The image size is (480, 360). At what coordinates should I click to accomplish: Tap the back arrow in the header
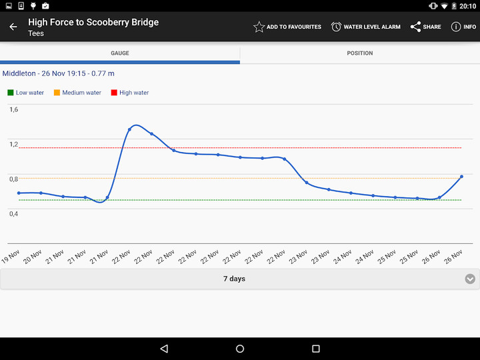[x=13, y=27]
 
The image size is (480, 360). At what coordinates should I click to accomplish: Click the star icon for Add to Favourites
[x=259, y=27]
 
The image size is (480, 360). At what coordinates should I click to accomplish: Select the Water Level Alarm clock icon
[x=336, y=27]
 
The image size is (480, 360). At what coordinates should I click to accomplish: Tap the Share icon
[x=415, y=27]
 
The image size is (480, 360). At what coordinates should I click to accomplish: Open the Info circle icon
[x=456, y=27]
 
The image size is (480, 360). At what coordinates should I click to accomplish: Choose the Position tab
[x=360, y=53]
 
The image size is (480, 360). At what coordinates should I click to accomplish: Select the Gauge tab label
[x=120, y=53]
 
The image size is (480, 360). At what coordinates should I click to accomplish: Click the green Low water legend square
[x=10, y=93]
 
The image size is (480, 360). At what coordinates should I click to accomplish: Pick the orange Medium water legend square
[x=57, y=93]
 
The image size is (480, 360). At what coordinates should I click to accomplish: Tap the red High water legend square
[x=114, y=93]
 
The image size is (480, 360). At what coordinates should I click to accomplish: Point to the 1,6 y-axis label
[x=14, y=109]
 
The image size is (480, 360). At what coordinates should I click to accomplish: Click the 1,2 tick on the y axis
[x=14, y=144]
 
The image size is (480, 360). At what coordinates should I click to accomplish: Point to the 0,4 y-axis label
[x=14, y=213]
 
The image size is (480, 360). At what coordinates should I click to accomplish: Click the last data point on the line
[x=461, y=177]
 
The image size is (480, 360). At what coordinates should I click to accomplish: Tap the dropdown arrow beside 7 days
[x=470, y=279]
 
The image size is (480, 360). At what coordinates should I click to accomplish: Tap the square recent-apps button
[x=316, y=349]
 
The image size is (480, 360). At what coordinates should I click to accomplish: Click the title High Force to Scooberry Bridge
[x=93, y=22]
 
